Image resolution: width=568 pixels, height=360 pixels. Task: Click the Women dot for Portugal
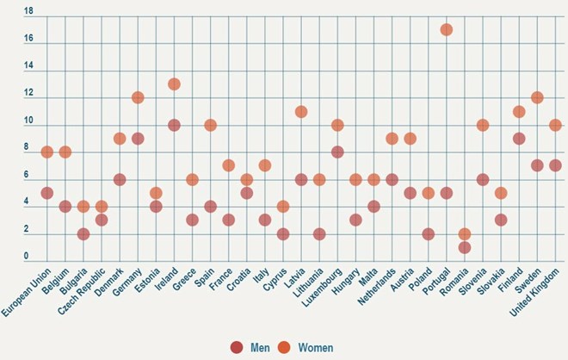(446, 30)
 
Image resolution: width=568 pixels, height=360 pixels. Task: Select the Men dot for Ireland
(174, 125)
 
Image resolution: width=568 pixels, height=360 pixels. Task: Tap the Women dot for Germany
(138, 97)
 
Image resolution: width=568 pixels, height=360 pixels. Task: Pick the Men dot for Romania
(464, 247)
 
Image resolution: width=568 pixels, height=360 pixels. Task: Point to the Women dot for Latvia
(301, 111)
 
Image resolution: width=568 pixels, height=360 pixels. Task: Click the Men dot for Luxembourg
(337, 152)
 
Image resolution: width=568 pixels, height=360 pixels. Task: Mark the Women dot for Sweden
(537, 97)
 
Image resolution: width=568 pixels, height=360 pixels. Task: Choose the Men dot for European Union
(47, 193)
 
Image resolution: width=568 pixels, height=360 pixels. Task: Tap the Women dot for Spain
(210, 125)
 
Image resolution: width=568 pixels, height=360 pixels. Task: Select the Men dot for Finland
(519, 139)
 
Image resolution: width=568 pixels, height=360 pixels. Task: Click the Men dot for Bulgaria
(83, 233)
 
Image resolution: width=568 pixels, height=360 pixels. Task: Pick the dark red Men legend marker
(237, 347)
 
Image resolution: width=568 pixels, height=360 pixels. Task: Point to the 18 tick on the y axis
(28, 12)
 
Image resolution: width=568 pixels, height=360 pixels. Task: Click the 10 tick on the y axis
(28, 121)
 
